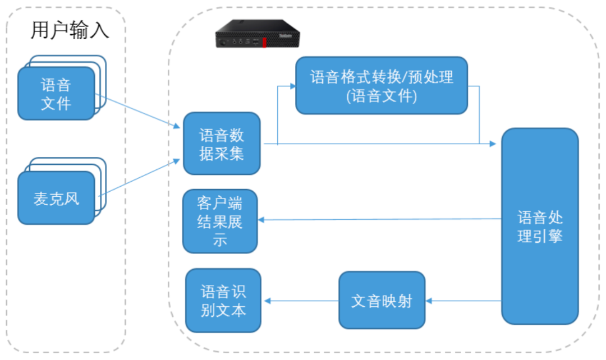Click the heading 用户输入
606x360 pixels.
[70, 30]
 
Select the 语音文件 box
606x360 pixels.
[56, 94]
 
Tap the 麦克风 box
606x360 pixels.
[56, 199]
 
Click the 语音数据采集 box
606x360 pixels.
[222, 144]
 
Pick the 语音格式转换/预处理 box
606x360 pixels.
[382, 85]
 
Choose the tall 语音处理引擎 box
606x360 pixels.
[539, 226]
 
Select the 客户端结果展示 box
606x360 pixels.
[220, 221]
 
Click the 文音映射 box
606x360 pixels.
[382, 301]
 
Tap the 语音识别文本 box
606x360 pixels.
[223, 301]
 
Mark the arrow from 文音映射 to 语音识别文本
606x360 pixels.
[301, 301]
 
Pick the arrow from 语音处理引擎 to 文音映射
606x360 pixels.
[463, 301]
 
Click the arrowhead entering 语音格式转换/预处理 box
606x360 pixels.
[292, 86]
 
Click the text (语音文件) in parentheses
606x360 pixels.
[382, 96]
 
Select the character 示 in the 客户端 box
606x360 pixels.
[220, 241]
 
